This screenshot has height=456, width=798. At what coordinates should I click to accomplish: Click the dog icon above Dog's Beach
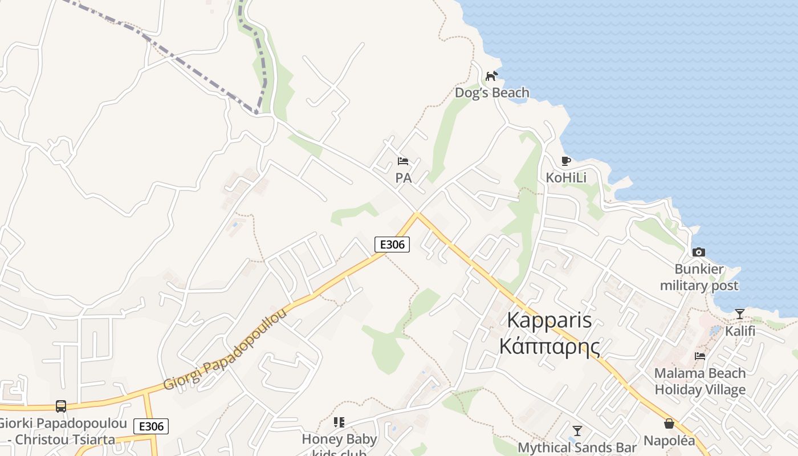click(x=491, y=76)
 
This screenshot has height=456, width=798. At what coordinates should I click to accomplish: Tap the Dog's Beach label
click(x=492, y=92)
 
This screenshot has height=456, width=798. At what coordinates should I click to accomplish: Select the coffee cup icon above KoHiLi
click(x=566, y=161)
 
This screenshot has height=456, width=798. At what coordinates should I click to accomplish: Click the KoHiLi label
click(x=566, y=178)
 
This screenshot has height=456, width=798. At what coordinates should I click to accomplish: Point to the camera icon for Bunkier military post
click(x=699, y=252)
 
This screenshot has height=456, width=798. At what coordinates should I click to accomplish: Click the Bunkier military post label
click(x=699, y=277)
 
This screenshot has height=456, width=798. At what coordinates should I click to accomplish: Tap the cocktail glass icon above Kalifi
click(x=740, y=314)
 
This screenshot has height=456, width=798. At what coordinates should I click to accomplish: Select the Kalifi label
click(x=740, y=331)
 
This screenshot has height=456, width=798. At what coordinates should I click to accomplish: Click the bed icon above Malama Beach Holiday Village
click(x=700, y=356)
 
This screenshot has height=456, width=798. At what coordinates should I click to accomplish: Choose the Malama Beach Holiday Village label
click(x=700, y=381)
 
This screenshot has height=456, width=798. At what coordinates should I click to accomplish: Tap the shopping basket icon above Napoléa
click(x=669, y=424)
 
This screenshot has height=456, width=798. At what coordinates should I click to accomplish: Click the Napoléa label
click(x=669, y=441)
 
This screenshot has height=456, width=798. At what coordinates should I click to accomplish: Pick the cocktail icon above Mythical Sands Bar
click(x=577, y=431)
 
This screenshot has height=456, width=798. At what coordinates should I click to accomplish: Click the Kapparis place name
click(x=549, y=320)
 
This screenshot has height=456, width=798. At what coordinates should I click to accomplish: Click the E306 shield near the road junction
click(x=392, y=245)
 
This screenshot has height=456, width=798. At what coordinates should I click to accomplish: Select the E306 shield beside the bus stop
click(x=152, y=426)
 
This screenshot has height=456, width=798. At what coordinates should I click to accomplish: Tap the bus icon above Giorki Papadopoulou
click(x=61, y=406)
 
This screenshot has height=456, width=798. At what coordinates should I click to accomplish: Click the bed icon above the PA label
click(x=403, y=161)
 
